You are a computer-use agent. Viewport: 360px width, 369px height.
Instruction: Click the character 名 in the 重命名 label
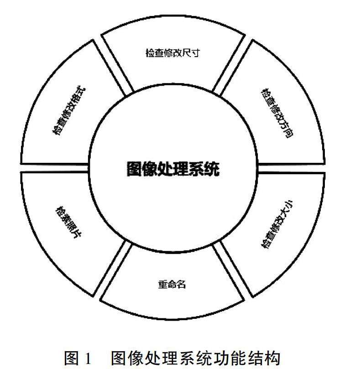click(181, 284)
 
